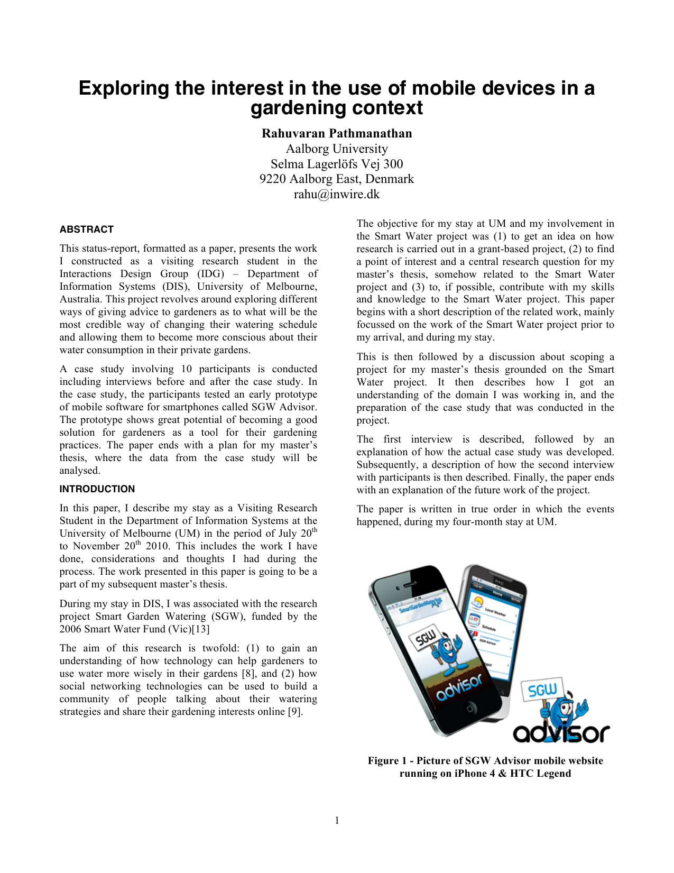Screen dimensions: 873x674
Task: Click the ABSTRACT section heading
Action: [x=86, y=229]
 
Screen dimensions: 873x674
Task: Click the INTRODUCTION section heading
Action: [x=97, y=489]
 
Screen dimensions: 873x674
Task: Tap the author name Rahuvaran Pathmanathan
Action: [x=337, y=133]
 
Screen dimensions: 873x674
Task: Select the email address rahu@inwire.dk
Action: [x=337, y=194]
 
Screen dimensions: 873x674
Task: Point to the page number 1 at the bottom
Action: [x=337, y=821]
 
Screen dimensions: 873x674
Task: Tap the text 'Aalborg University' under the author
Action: [x=337, y=149]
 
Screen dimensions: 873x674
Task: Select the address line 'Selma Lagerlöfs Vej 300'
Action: [x=337, y=164]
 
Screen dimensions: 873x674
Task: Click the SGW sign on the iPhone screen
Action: [x=427, y=639]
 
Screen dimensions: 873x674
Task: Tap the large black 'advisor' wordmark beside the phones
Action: [x=561, y=733]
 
